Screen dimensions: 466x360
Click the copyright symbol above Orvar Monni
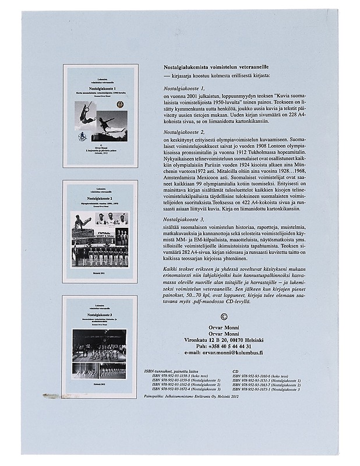pos(223,317)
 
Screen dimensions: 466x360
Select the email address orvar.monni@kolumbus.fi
pos(223,352)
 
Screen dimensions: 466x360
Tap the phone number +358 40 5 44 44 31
pos(223,345)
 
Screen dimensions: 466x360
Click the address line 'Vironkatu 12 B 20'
pos(223,338)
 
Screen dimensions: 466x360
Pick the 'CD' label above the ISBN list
pos(235,370)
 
